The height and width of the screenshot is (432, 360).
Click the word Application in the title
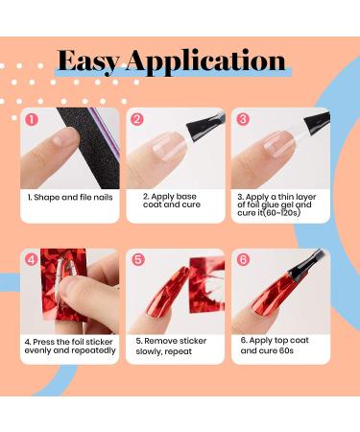pos(205,62)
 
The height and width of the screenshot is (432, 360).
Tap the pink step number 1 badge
pos(32,120)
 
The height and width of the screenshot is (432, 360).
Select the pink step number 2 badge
pos(137,119)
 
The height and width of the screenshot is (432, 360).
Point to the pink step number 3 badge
pos(243,119)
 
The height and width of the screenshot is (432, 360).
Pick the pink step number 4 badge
pos(32,259)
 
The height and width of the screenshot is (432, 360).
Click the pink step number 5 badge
pos(138,259)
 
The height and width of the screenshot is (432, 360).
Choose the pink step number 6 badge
pos(243,259)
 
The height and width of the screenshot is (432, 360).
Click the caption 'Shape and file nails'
pos(70,197)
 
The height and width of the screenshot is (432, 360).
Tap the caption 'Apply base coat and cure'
pos(172,201)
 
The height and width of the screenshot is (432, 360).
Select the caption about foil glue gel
pos(276,204)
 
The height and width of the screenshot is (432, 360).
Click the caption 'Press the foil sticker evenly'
pos(70,346)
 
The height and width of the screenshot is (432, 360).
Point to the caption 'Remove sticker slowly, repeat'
pos(171,346)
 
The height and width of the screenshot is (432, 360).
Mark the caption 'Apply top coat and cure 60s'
pos(275,346)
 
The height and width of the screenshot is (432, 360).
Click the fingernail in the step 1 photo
pos(64,138)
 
